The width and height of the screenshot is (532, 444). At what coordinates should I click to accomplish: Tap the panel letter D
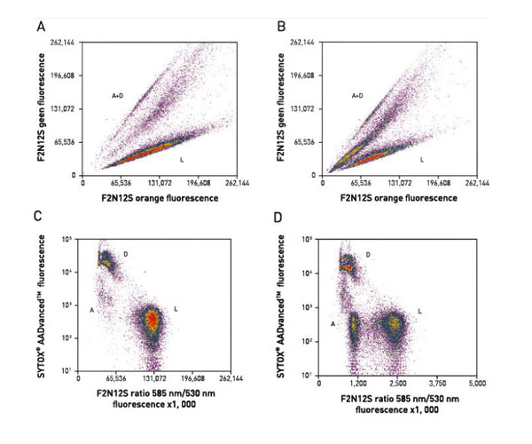280,215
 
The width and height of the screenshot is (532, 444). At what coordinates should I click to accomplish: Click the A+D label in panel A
118,92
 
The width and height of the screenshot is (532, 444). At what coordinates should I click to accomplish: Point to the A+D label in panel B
357,94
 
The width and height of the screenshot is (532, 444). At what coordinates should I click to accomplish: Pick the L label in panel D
419,310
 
